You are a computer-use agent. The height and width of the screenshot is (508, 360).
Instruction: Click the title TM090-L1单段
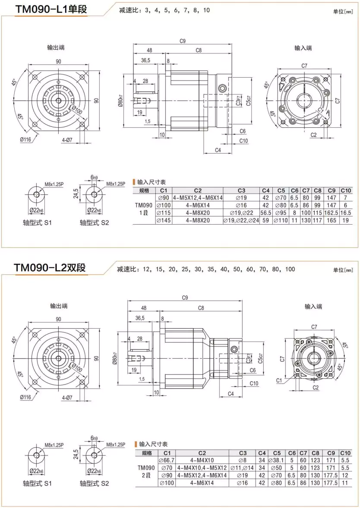pyautogui.click(x=51, y=9)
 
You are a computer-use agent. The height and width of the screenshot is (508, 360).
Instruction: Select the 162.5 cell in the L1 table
pyautogui.click(x=332, y=213)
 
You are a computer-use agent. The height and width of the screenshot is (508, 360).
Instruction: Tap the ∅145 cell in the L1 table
pyautogui.click(x=164, y=220)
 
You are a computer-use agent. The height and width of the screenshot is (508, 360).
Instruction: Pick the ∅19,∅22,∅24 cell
pyautogui.click(x=241, y=220)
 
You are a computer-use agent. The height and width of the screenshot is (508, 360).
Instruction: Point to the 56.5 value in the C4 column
pyautogui.click(x=266, y=213)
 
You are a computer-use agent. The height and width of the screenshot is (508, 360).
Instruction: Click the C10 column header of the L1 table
pyautogui.click(x=346, y=190)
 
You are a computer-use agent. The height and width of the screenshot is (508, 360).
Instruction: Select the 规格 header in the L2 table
pyautogui.click(x=146, y=453)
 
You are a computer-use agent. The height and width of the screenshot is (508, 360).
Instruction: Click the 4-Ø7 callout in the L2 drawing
pyautogui.click(x=67, y=397)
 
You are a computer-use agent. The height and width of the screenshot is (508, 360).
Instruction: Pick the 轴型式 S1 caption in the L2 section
pyautogui.click(x=37, y=483)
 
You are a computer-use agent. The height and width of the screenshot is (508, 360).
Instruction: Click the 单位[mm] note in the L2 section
pyautogui.click(x=343, y=270)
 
